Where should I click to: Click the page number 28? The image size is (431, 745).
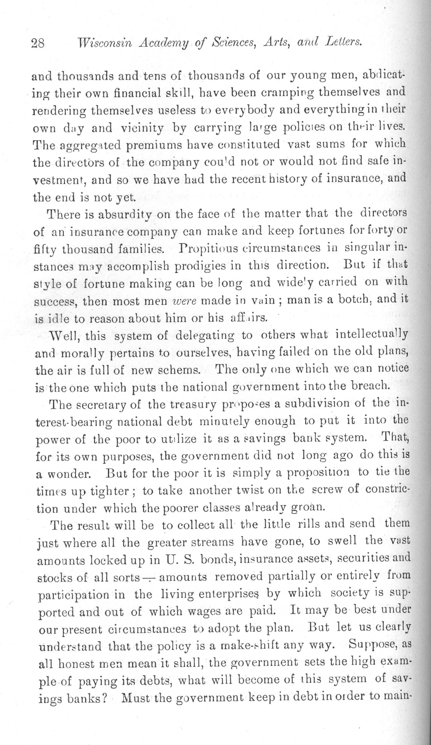[38, 42]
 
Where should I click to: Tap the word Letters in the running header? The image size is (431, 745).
[344, 41]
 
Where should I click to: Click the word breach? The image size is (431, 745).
[370, 386]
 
